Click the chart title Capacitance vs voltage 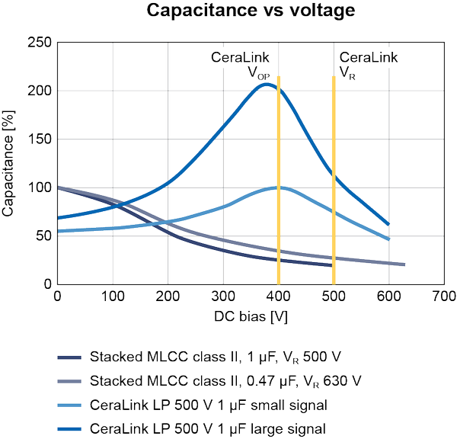tap(228, 11)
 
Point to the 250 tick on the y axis tap(40, 43)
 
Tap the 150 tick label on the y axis tap(40, 139)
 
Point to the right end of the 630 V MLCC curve tap(404, 264)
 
